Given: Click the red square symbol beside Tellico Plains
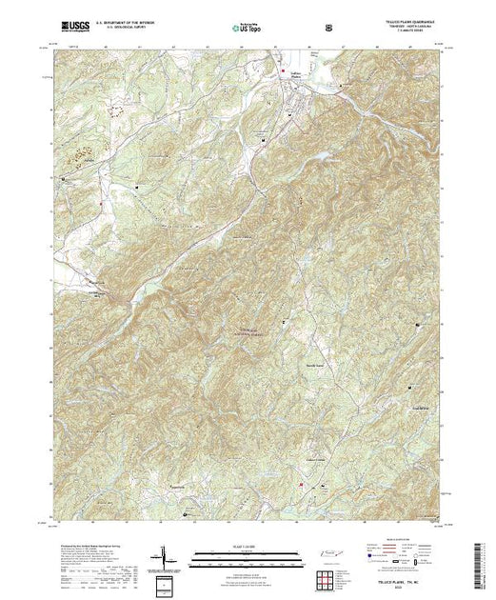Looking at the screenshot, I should pos(282,70).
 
